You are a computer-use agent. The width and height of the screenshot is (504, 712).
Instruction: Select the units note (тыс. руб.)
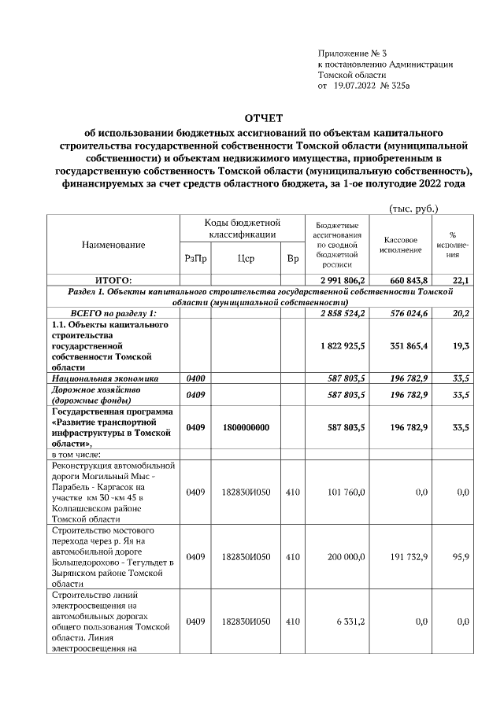pos(414,208)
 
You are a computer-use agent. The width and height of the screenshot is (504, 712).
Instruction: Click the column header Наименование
pos(113,245)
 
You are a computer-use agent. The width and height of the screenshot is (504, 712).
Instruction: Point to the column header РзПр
pos(195,258)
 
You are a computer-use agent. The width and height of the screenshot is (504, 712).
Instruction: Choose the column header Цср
pos(245,258)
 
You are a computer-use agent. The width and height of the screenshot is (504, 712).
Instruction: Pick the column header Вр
pos(292,258)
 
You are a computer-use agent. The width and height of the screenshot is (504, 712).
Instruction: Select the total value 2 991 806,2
pos(342,280)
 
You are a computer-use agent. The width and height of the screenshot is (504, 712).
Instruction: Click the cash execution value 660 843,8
pos(409,280)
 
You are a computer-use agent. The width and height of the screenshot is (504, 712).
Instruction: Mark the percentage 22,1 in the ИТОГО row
pos(461,280)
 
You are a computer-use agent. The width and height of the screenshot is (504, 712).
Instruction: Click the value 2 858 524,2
pos(342,313)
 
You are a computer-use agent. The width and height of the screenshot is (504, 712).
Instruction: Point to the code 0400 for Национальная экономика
pos(195,378)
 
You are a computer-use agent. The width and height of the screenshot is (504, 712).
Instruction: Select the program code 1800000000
pos(245,427)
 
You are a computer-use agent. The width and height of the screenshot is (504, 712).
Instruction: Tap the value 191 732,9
pos(409,556)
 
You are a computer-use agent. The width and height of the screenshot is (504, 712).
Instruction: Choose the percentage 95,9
pos(462,556)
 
